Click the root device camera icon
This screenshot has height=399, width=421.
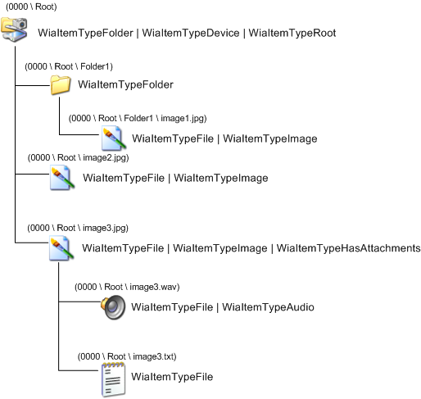[17, 32]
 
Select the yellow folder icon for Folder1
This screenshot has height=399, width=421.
[60, 84]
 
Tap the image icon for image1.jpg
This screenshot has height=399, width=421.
[111, 138]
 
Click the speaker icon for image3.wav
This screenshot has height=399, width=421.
[112, 306]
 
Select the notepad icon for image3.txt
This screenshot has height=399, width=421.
[111, 379]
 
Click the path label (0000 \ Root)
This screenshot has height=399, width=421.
[32, 7]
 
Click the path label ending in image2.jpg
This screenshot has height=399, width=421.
[78, 156]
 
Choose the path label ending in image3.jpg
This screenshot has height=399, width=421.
[78, 227]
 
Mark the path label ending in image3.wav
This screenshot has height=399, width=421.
[127, 287]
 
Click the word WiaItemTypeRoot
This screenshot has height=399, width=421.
[292, 33]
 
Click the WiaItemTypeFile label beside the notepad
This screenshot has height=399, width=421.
[172, 377]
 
